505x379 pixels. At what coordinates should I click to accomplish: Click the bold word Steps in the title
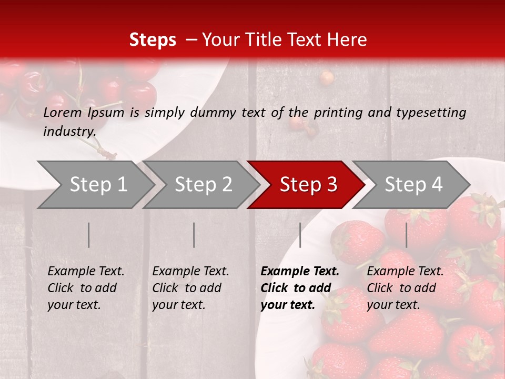153,40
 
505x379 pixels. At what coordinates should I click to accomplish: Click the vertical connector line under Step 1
89,235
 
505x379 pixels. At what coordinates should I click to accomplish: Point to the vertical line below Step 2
194,235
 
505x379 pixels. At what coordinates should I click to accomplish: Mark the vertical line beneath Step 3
300,235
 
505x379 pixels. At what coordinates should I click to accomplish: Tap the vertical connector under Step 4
406,235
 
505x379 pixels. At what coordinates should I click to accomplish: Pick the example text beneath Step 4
405,288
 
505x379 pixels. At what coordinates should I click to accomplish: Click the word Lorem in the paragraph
63,112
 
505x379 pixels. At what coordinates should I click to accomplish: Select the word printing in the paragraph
339,113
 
